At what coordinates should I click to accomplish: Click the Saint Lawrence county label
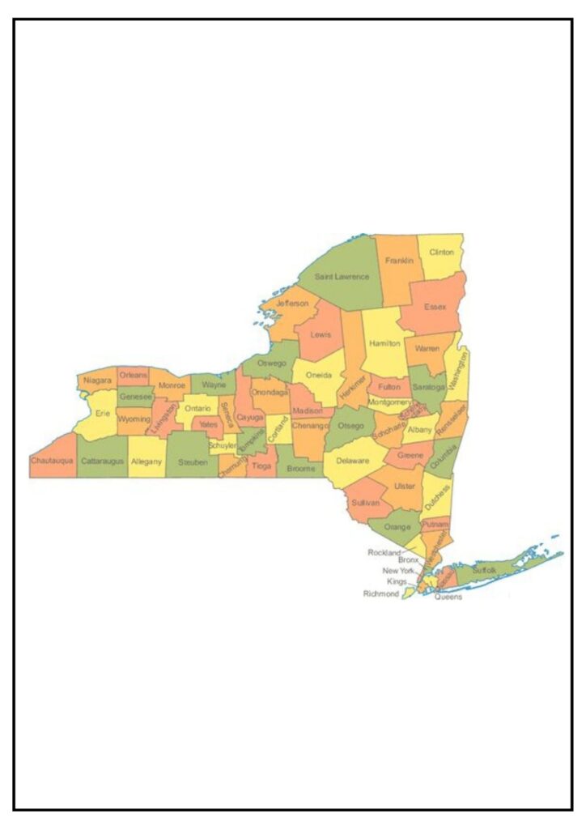pyautogui.click(x=342, y=277)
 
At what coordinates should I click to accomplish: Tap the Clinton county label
pyautogui.click(x=442, y=252)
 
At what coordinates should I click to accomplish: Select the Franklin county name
pyautogui.click(x=399, y=261)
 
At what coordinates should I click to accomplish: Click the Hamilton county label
pyautogui.click(x=384, y=343)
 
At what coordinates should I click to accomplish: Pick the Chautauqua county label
pyautogui.click(x=53, y=460)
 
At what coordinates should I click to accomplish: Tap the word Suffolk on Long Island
pyautogui.click(x=484, y=571)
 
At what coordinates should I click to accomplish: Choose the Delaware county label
pyautogui.click(x=353, y=461)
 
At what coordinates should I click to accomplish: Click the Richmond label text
pyautogui.click(x=381, y=594)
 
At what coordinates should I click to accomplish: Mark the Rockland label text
pyautogui.click(x=384, y=552)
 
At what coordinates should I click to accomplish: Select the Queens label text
pyautogui.click(x=448, y=597)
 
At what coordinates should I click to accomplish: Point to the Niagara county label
pyautogui.click(x=97, y=380)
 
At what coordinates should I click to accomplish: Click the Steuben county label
pyautogui.click(x=193, y=461)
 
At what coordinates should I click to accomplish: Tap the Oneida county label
pyautogui.click(x=319, y=375)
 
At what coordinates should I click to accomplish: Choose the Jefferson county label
pyautogui.click(x=292, y=304)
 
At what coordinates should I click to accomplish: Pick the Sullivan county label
pyautogui.click(x=366, y=503)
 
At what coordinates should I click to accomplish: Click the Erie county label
pyautogui.click(x=103, y=413)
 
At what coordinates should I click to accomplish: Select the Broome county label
pyautogui.click(x=300, y=468)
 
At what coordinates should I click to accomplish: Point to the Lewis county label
pyautogui.click(x=321, y=334)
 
